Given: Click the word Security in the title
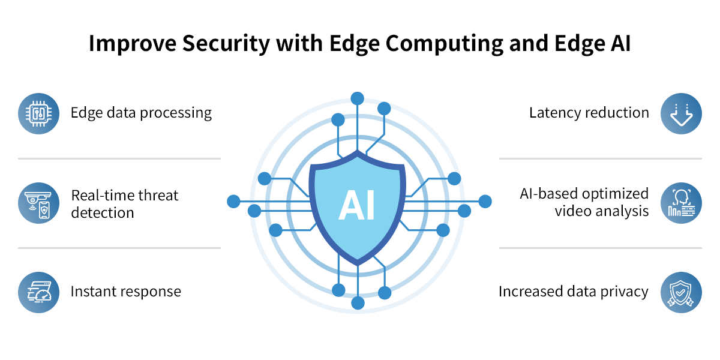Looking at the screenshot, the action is pyautogui.click(x=226, y=44).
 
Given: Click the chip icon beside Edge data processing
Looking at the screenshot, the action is pyautogui.click(x=38, y=113).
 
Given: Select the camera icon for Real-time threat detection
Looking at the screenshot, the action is pyautogui.click(x=38, y=203).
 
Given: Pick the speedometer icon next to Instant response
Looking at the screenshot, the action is pyautogui.click(x=38, y=293).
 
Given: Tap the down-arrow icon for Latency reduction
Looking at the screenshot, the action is pyautogui.click(x=681, y=113).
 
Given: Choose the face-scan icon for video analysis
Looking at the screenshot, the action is pyautogui.click(x=681, y=203).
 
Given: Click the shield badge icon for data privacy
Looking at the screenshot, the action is pyautogui.click(x=681, y=293).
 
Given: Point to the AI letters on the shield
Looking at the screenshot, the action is pyautogui.click(x=357, y=205).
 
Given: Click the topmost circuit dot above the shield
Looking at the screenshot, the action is pyautogui.click(x=358, y=98).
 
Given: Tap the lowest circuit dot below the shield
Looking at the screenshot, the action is pyautogui.click(x=358, y=303).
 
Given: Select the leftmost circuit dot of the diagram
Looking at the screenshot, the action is pyautogui.click(x=233, y=202).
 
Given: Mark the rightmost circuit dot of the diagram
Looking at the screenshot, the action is pyautogui.click(x=485, y=202).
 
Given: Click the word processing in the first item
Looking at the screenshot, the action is pyautogui.click(x=176, y=113).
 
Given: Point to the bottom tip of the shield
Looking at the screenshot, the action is pyautogui.click(x=358, y=265).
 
